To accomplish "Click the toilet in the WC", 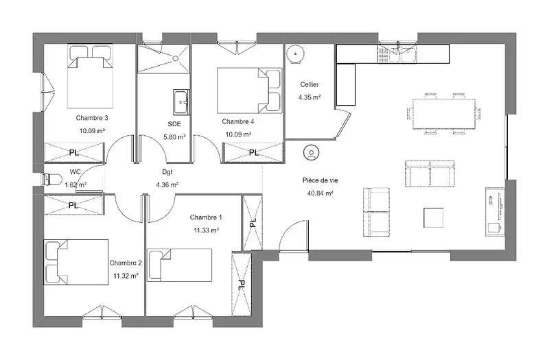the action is pos(52,180).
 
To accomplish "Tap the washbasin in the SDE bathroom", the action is pos(181,101).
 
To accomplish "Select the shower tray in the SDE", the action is pos(163,59).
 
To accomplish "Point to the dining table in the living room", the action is pos(444,114).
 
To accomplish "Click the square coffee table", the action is pos(434,217).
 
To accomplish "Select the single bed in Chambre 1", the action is pos(179,265).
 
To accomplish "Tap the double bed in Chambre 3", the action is pos(91,76).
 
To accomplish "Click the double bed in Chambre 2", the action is pos(76,262).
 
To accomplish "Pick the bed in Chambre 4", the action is pos(249,91).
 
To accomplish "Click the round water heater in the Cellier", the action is pos(296,54).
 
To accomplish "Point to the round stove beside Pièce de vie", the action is pos(312,152).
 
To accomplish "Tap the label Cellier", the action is pos(309,84).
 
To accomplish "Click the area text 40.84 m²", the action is pos(320,193).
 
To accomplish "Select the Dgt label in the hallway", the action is pos(167,172).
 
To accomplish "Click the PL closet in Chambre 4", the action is pos(253,152).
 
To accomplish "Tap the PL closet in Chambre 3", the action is pos(74,152).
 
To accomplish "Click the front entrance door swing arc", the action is pos(294,235).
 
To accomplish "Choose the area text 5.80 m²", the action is pos(174,137).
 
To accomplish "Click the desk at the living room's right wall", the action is pos(495,212).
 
